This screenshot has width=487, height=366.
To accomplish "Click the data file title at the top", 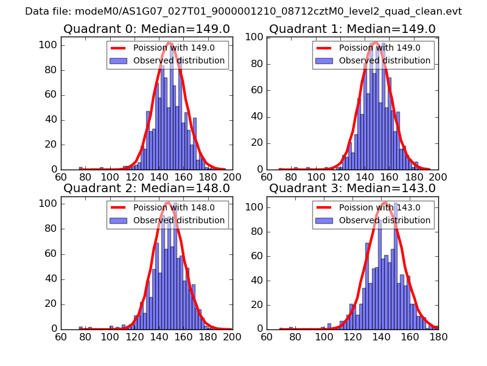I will coord(243,12).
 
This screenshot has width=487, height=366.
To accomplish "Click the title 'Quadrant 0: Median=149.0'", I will coord(146,29).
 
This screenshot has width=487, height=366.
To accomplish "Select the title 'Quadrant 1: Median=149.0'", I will coord(352,29).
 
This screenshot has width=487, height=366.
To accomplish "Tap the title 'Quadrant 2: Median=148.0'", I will coord(146,188).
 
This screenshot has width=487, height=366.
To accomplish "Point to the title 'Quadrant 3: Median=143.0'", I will coord(352,188).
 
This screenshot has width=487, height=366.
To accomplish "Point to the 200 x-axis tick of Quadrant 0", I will coord(233,177).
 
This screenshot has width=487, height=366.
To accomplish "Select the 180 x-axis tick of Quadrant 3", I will coord(438,336).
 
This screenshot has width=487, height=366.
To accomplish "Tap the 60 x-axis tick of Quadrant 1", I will coord(267,177).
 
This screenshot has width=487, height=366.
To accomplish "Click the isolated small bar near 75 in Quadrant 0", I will coord(80,168).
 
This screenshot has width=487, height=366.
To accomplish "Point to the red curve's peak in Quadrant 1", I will coord(375,43).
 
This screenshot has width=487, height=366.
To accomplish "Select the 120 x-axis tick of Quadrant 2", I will coord(135,336).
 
